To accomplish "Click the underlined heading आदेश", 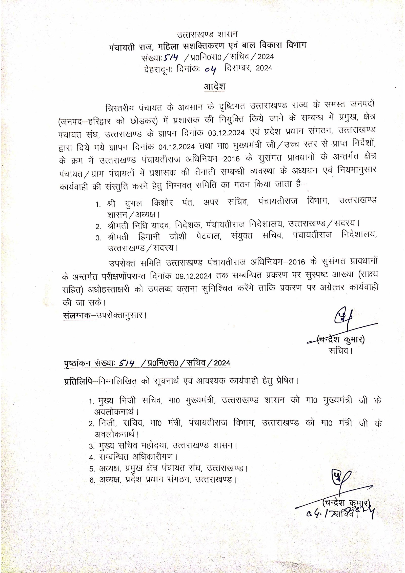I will click(x=214, y=87).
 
